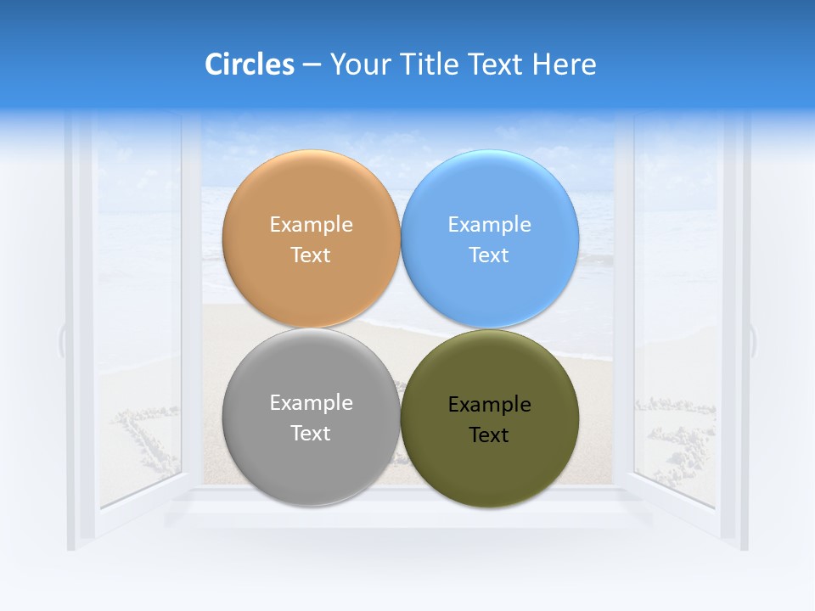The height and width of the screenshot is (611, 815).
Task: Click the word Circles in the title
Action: point(250,64)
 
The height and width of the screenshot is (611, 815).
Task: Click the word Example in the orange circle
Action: point(311,225)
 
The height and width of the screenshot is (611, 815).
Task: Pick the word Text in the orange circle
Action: point(311,255)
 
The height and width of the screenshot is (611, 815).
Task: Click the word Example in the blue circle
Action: point(490,225)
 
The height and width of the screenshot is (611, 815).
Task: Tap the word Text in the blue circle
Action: point(490,255)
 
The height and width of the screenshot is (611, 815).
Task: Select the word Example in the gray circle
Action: point(311,403)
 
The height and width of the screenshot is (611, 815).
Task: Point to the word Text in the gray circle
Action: point(311,434)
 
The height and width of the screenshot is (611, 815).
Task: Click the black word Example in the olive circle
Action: point(490,405)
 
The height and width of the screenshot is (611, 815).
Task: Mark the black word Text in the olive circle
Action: point(490,435)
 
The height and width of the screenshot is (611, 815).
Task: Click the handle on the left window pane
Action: point(62,339)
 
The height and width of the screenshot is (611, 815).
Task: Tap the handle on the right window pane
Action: point(752,339)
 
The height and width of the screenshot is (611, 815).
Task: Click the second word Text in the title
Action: point(497,64)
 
